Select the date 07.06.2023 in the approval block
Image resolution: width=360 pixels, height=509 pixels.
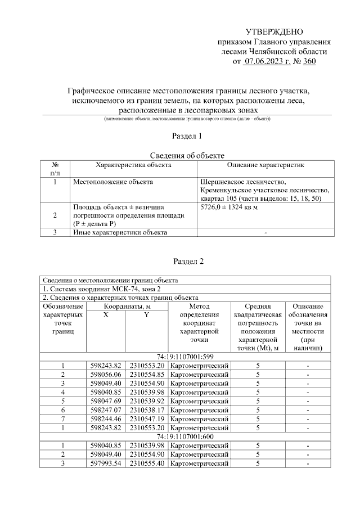point(267,61)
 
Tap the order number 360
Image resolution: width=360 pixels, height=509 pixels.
point(309,61)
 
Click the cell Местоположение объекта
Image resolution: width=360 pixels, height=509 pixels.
point(112,182)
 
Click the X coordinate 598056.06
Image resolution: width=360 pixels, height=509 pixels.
point(106,374)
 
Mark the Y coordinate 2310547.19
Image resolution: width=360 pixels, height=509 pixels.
point(146,419)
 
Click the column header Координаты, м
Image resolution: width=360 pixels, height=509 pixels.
point(127,306)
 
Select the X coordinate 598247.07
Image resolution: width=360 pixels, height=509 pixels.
point(106,411)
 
